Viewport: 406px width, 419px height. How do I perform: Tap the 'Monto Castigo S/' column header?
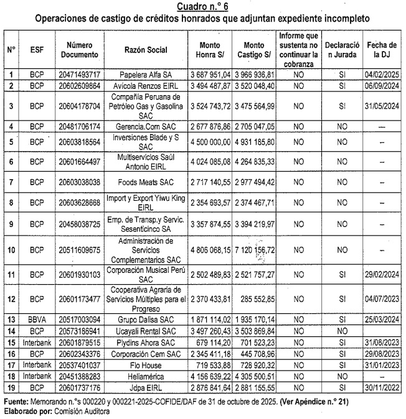253,49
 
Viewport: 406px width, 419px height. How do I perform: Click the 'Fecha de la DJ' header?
382,49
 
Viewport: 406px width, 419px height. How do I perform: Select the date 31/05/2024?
382,106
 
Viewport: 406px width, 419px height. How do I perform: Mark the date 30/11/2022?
382,388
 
